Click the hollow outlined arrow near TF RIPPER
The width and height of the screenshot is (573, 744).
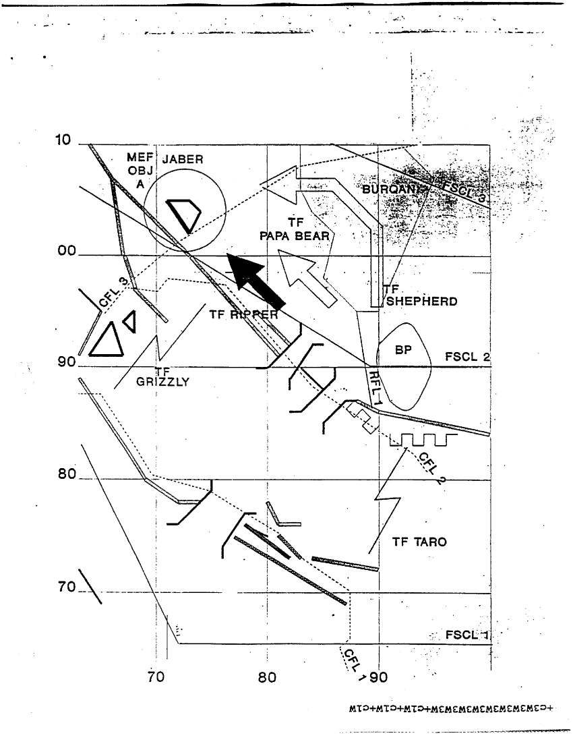click(x=307, y=277)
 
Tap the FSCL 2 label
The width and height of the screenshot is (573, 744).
click(x=467, y=356)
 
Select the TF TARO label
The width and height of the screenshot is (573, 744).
click(x=419, y=542)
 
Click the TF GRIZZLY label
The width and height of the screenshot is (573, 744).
click(x=163, y=376)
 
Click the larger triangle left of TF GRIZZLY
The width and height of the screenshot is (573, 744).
click(x=107, y=339)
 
